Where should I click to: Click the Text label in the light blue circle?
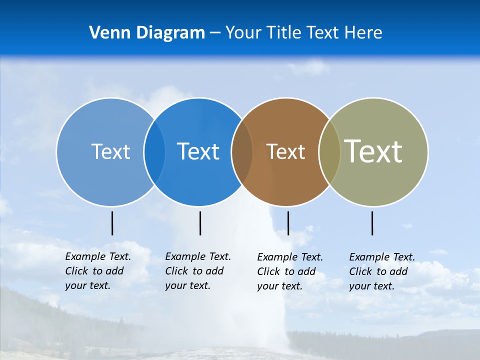[x=110, y=151]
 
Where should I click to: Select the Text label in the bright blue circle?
[x=198, y=151]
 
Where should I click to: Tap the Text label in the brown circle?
[x=285, y=152]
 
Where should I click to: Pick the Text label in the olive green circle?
[x=373, y=151]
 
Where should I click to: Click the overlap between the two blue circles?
[x=154, y=152]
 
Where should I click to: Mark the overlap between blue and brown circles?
[x=242, y=152]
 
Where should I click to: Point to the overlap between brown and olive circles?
[x=329, y=152]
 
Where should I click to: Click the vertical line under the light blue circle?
[x=112, y=223]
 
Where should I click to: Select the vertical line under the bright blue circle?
[x=200, y=223]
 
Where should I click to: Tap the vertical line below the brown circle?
[x=288, y=223]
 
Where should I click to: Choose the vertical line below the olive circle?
[x=372, y=223]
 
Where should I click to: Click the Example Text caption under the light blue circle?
[x=97, y=271]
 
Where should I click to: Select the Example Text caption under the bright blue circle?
[x=197, y=271]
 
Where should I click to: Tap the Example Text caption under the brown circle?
[x=289, y=271]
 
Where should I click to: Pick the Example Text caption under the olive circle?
[x=381, y=271]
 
